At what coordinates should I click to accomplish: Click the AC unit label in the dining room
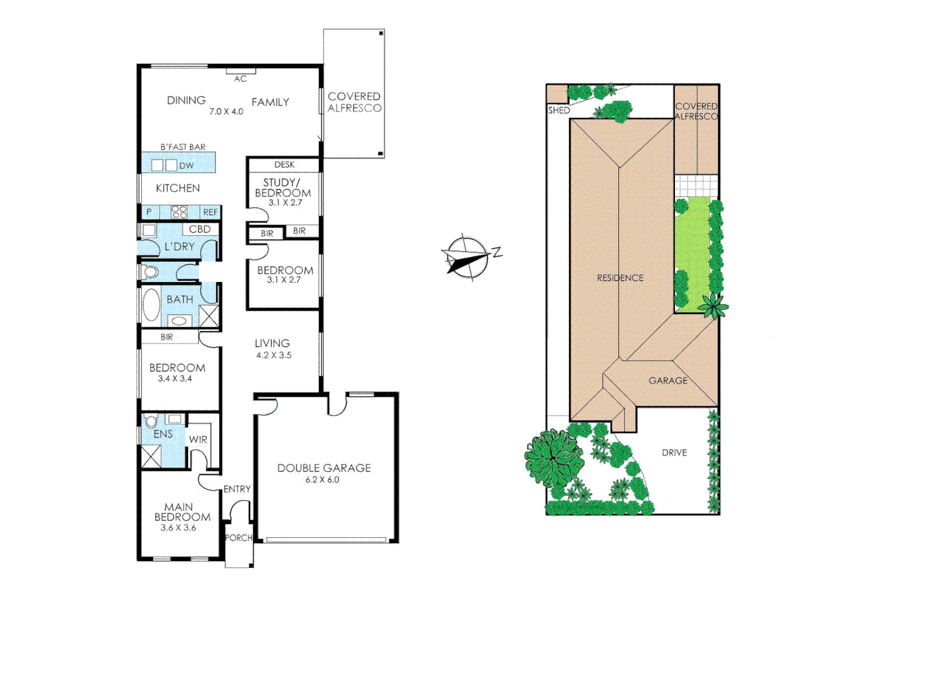[x=240, y=79]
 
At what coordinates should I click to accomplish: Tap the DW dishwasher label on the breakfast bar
[x=186, y=165]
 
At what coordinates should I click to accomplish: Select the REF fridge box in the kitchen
[x=211, y=213]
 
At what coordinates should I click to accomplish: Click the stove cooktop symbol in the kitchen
[x=179, y=212]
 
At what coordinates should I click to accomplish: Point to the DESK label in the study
[x=284, y=165]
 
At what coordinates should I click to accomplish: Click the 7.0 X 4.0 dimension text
[x=226, y=112]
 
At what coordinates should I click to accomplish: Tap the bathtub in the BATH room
[x=151, y=305]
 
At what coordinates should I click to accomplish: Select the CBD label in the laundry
[x=199, y=229]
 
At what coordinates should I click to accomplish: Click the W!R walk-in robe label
[x=198, y=439]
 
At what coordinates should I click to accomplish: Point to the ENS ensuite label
[x=163, y=434]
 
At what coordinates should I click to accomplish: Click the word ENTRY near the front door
[x=237, y=489]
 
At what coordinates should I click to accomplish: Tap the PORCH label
[x=238, y=538]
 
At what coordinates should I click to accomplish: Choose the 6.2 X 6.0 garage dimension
[x=322, y=480]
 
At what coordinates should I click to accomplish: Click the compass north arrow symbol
[x=468, y=258]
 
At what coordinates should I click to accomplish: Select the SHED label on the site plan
[x=559, y=110]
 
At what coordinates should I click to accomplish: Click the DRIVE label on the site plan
[x=674, y=453]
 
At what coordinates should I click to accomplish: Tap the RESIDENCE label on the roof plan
[x=620, y=278]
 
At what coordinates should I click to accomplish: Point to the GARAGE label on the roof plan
[x=668, y=380]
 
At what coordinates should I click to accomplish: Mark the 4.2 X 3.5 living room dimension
[x=274, y=355]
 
